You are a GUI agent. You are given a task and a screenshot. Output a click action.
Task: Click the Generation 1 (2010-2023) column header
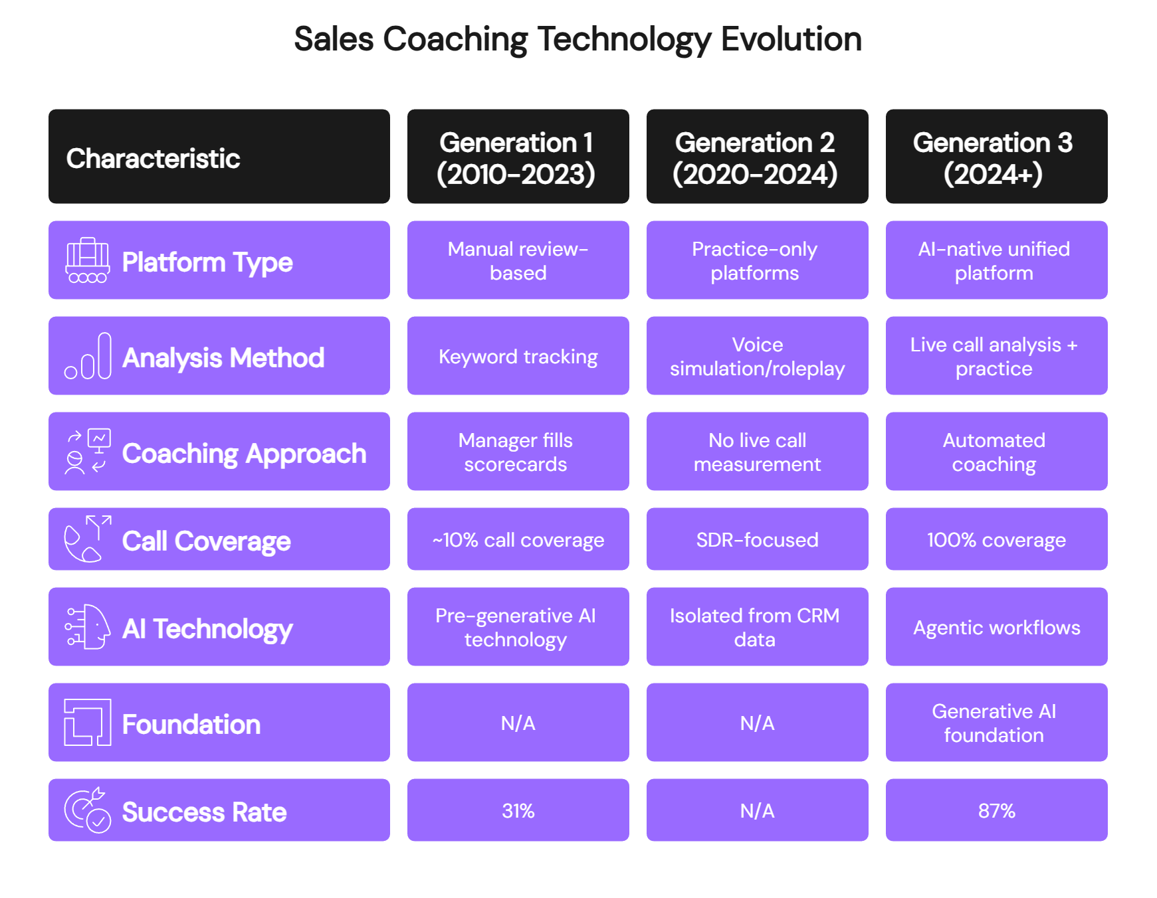point(518,157)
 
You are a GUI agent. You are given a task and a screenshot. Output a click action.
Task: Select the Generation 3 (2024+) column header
point(996,157)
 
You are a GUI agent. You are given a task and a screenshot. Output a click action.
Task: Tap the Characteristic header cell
point(219,157)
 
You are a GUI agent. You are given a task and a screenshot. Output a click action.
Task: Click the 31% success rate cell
point(518,810)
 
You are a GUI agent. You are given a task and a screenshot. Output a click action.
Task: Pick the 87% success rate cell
point(996,810)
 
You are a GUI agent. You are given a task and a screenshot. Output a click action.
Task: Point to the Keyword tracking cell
point(518,357)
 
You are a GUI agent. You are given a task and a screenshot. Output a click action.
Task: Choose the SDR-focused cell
point(757,539)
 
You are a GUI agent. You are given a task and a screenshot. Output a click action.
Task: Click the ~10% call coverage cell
point(518,539)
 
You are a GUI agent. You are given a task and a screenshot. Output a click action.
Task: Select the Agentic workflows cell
point(996,627)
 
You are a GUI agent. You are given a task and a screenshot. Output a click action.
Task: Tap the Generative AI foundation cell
point(996,723)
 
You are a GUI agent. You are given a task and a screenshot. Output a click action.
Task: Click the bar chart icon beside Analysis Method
point(88,357)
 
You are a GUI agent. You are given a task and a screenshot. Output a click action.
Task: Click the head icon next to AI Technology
point(88,627)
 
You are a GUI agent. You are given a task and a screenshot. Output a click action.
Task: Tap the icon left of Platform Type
point(88,260)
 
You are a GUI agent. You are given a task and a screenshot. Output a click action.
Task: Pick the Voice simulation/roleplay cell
point(757,357)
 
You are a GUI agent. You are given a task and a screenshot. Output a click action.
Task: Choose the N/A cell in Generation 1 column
point(518,723)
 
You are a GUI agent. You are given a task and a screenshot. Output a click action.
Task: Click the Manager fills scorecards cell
point(518,452)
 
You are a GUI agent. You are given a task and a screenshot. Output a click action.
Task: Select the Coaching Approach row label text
point(244,454)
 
